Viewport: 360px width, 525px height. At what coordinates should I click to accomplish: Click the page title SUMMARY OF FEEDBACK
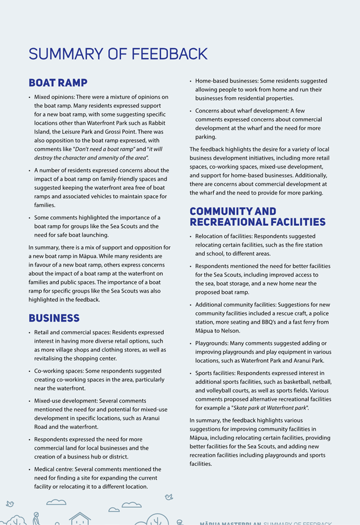118,54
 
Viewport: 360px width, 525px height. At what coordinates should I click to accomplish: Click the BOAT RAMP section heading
58,83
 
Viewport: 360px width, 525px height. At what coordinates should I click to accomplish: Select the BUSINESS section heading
54,318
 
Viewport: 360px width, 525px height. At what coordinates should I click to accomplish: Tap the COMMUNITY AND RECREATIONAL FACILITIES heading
257,216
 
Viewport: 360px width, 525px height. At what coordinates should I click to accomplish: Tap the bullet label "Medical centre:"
56,469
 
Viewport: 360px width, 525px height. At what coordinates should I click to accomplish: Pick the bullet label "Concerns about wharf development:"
238,111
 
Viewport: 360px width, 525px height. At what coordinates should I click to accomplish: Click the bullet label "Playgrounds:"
212,343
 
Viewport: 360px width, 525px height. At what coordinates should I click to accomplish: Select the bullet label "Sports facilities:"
215,373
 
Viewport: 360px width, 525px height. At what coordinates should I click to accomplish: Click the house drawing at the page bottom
80,518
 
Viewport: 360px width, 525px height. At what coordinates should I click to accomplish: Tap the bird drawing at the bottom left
9,504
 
